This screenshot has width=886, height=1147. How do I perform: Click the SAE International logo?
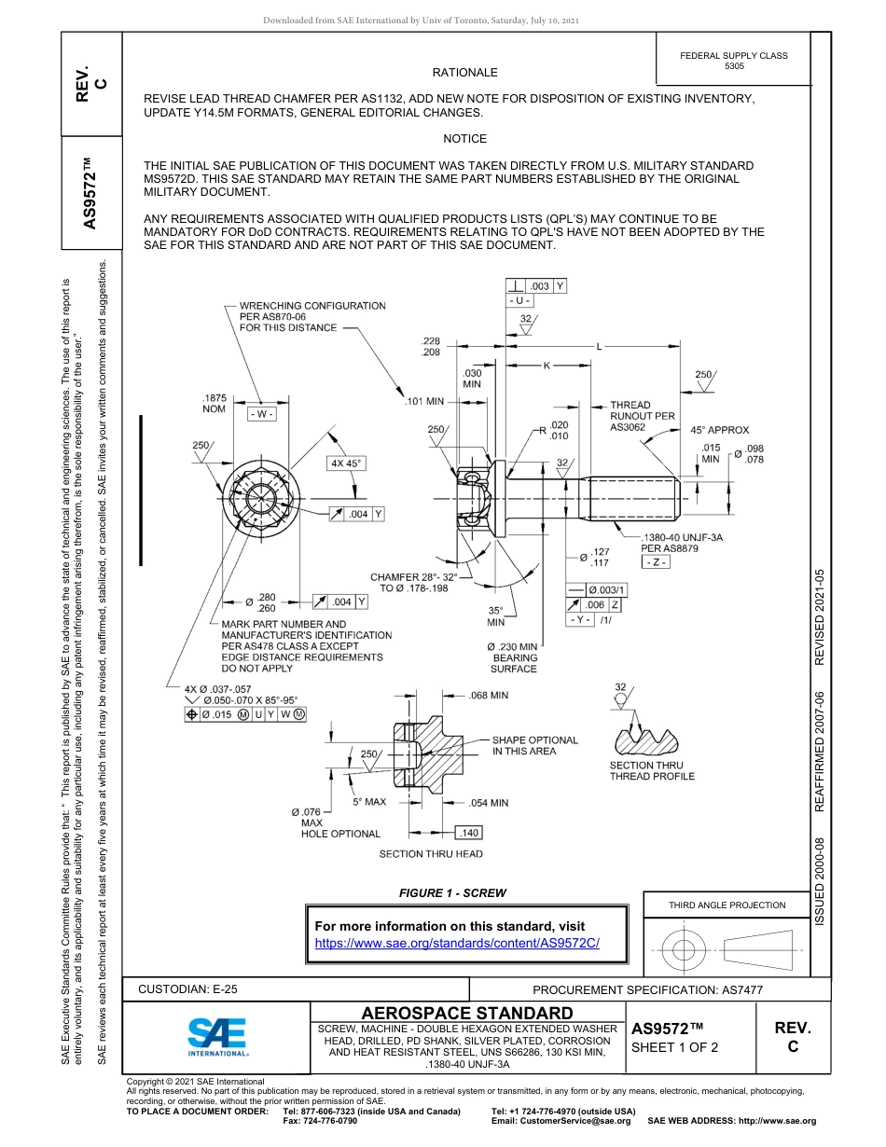click(x=217, y=1035)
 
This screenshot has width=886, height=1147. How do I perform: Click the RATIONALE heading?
click(x=464, y=73)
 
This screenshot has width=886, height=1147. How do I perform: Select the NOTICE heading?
click(x=464, y=139)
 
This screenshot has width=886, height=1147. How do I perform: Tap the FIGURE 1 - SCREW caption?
click(x=452, y=893)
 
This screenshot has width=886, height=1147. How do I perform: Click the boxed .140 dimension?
click(x=468, y=833)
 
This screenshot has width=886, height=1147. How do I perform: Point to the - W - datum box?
click(x=261, y=414)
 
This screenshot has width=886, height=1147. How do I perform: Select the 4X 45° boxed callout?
click(x=345, y=463)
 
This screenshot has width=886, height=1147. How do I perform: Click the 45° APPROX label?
click(x=719, y=430)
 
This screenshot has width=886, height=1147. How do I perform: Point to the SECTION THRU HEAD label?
click(x=431, y=854)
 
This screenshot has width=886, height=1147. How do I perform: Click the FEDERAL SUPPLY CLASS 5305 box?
click(x=733, y=61)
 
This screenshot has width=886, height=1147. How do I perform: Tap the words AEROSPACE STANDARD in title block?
click(x=467, y=1013)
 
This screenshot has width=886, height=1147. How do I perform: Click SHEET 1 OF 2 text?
click(x=674, y=1047)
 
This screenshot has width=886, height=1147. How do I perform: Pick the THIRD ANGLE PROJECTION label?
click(x=727, y=905)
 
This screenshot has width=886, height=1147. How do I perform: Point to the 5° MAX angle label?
click(x=369, y=802)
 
